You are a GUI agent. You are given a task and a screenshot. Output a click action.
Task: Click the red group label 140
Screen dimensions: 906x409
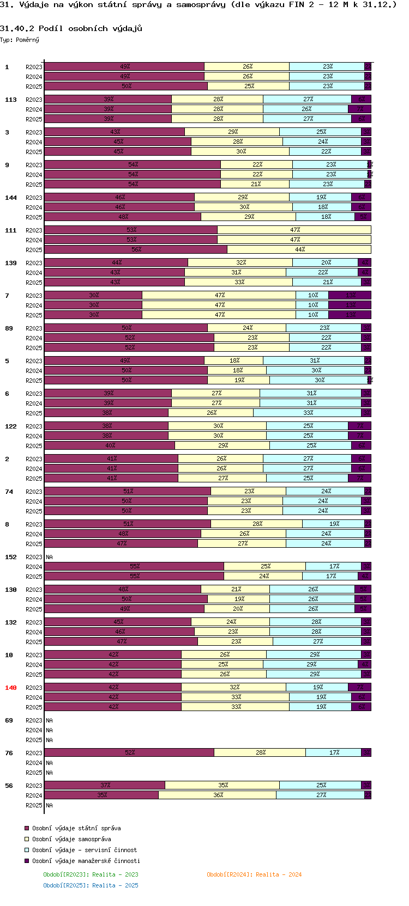[11, 688]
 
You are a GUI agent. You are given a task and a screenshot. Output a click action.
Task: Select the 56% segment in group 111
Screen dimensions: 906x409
[136, 249]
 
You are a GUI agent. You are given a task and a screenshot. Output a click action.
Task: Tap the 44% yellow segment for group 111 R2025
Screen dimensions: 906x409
[299, 249]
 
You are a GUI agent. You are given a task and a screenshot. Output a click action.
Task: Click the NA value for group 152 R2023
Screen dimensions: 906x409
[50, 557]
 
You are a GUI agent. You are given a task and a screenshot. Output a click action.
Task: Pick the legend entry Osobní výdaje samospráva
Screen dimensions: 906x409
[71, 839]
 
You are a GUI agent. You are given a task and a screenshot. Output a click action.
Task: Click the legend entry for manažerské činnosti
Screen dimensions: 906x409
[86, 861]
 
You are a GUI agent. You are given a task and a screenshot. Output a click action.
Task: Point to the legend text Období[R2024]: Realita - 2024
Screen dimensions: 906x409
[254, 874]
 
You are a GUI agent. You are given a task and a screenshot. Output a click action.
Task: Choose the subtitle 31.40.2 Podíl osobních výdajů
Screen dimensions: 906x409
[71, 28]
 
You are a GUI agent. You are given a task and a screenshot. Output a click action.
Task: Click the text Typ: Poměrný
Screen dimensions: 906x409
[20, 40]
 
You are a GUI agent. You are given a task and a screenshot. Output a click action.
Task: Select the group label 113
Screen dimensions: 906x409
[11, 100]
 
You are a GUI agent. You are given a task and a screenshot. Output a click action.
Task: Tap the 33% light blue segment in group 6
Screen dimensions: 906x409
[308, 413]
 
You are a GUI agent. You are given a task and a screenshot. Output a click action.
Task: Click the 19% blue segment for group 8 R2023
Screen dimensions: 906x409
[334, 524]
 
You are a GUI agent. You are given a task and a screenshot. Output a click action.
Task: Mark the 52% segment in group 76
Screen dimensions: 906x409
[129, 752]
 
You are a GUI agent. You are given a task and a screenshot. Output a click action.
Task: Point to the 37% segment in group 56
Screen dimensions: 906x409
[105, 785]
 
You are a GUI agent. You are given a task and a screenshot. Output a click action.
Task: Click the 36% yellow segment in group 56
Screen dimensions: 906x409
[218, 795]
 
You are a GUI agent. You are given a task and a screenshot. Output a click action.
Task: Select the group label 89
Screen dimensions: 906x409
[9, 328]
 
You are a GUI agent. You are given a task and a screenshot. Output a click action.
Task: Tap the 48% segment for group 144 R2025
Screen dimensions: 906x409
[123, 217]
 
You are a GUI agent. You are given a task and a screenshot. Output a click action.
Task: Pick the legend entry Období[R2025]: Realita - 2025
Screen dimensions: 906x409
[91, 885]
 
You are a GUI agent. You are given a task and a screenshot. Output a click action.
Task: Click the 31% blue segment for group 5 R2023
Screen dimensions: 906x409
[314, 360]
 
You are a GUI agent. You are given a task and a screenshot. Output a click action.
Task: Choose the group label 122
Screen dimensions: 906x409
[11, 426]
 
